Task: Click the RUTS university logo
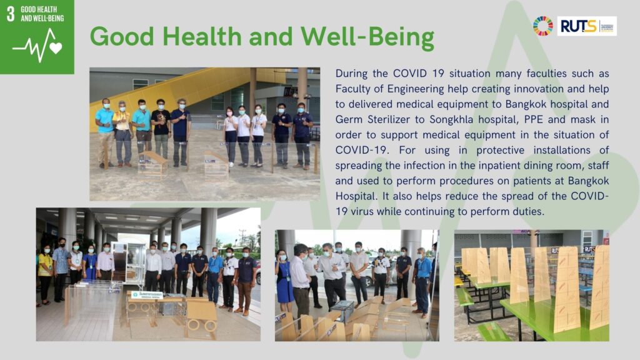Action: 586,26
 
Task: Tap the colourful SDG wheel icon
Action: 542,26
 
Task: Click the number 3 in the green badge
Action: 11,14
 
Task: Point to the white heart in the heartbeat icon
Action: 56,48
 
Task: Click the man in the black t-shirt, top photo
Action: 161,127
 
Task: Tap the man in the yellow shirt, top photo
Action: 123,131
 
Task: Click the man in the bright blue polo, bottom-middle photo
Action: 423,275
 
